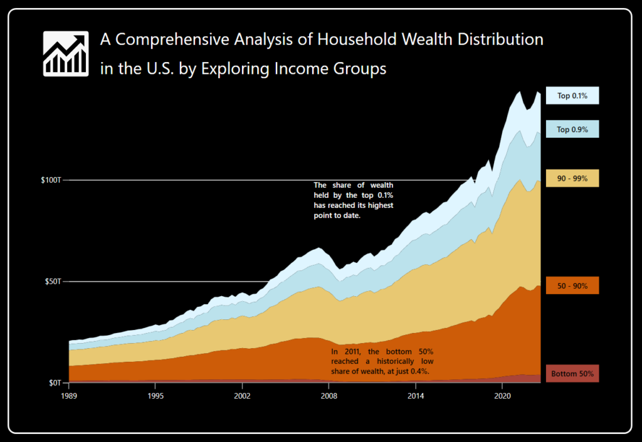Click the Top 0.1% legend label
click(572, 96)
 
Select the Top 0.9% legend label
click(572, 130)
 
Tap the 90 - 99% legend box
click(572, 178)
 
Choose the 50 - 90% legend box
click(572, 285)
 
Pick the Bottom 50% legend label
click(572, 374)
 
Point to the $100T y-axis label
click(51, 180)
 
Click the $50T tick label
click(53, 282)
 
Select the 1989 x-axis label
click(70, 396)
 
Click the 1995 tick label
click(156, 396)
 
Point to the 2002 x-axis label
click(242, 396)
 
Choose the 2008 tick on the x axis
click(329, 396)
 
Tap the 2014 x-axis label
click(414, 396)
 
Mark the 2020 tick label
click(501, 396)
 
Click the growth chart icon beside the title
click(65, 54)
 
